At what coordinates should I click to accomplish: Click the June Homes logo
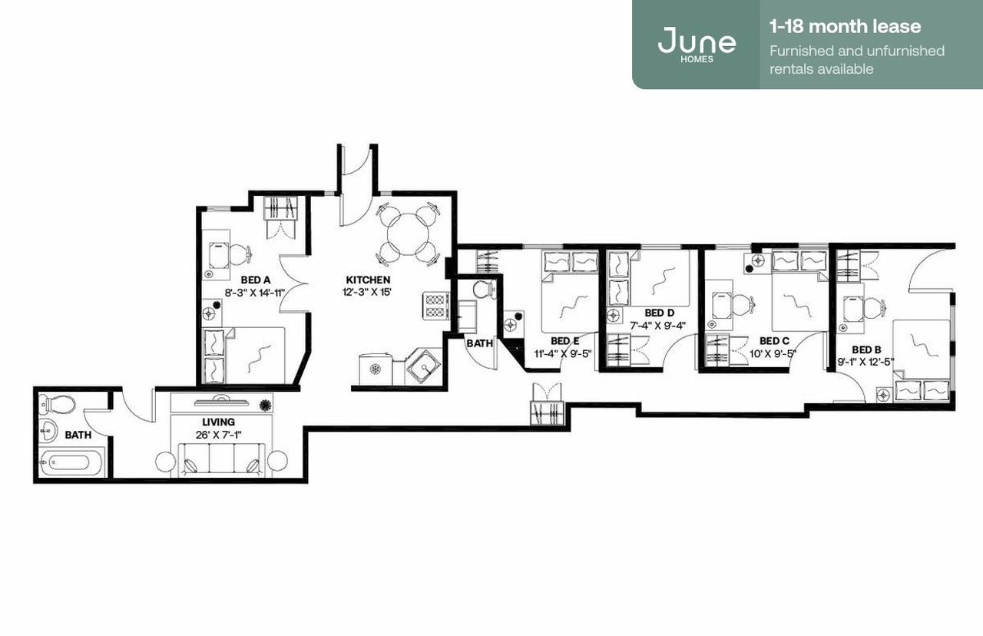[696, 43]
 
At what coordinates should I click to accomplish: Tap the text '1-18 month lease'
[845, 27]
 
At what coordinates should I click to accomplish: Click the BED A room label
[255, 280]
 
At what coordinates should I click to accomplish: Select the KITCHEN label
[368, 280]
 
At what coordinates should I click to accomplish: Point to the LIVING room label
[218, 422]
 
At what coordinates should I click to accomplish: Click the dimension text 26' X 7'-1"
[218, 436]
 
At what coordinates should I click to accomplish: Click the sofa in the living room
[221, 462]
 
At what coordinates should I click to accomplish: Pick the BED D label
[659, 313]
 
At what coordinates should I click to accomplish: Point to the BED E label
[564, 340]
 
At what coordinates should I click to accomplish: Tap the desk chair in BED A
[240, 253]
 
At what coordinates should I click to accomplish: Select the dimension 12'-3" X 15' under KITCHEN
[368, 293]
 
